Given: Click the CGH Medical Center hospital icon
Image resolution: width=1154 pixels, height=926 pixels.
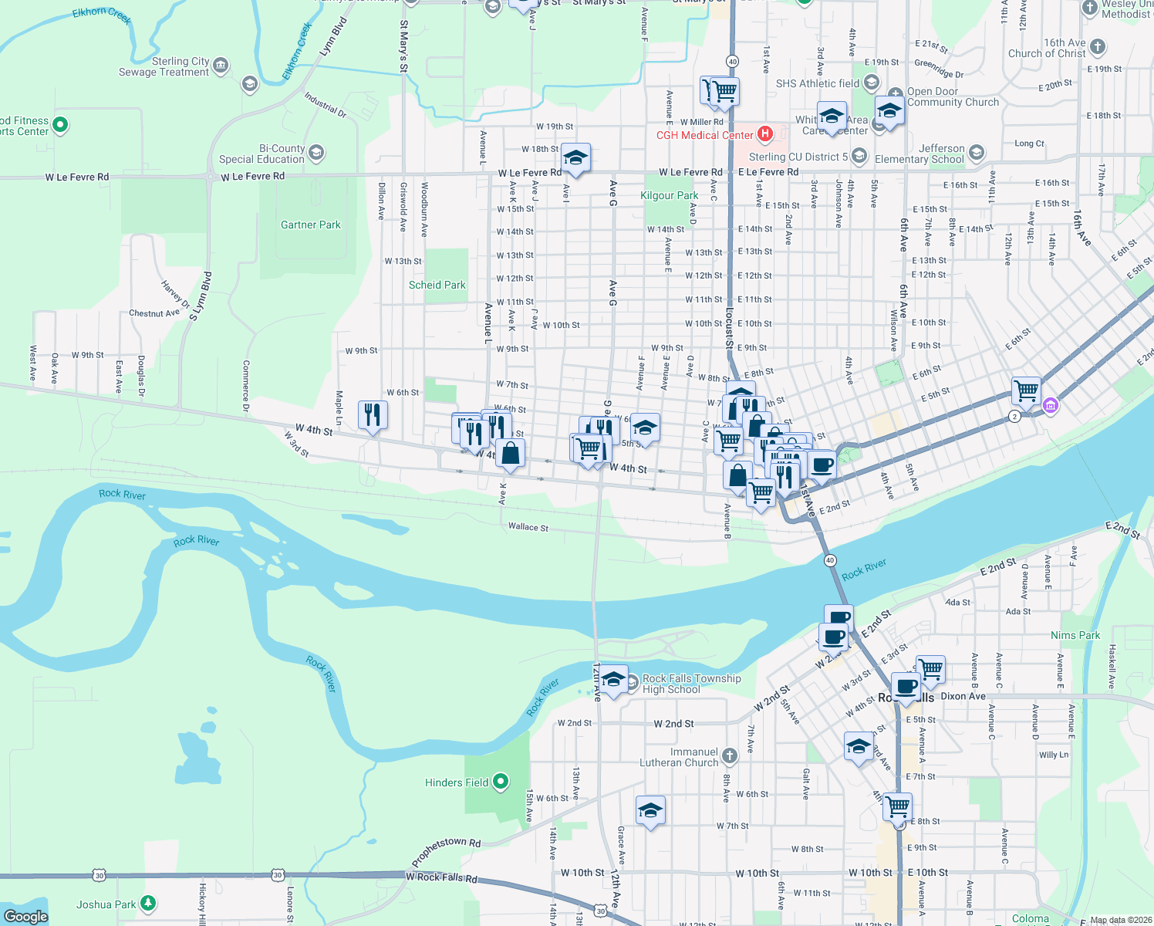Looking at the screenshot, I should [764, 134].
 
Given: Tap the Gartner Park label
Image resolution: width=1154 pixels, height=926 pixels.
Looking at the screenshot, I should [310, 225].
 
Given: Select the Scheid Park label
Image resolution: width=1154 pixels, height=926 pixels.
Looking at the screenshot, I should [437, 285].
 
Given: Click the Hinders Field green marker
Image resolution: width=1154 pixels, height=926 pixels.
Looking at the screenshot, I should [501, 782].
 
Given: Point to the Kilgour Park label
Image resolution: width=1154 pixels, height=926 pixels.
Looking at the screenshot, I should [669, 195].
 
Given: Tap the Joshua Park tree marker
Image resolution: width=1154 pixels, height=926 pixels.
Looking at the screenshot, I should [148, 903].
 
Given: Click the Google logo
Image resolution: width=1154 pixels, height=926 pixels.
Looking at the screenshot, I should [25, 916].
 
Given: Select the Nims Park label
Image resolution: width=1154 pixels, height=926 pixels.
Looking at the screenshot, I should [1075, 635].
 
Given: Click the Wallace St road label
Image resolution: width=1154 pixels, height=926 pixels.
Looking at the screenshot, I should [528, 527].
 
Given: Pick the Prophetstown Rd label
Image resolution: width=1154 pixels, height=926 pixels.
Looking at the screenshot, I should [446, 853].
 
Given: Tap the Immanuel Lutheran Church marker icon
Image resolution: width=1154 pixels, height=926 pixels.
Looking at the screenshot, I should [730, 756].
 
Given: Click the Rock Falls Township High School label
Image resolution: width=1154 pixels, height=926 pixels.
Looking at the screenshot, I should [691, 684].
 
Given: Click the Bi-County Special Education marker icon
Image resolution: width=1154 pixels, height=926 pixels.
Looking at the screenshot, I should [316, 153].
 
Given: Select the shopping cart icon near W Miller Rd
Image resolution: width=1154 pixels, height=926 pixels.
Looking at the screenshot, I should [724, 92].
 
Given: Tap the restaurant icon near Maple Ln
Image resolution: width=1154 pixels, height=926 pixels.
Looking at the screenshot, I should [373, 415].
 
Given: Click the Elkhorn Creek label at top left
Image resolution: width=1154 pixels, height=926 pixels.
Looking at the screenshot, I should [102, 15].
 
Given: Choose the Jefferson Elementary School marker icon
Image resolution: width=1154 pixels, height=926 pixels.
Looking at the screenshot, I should [977, 153].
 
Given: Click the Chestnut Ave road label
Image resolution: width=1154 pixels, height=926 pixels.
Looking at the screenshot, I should [154, 313].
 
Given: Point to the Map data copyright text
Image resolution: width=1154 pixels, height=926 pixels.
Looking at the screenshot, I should [1120, 920].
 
